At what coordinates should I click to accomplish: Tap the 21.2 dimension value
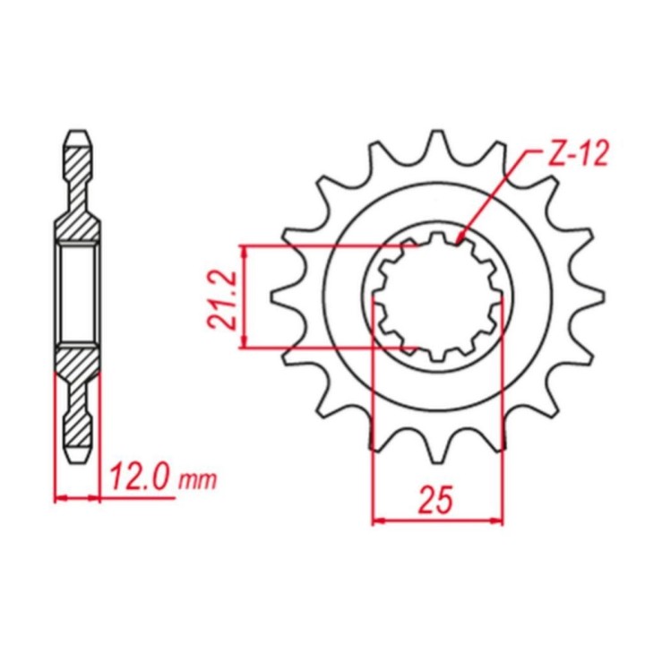tap(222, 299)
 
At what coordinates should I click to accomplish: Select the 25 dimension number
tap(435, 499)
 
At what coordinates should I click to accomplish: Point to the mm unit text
tap(197, 480)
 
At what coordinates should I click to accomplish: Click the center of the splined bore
tap(438, 297)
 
